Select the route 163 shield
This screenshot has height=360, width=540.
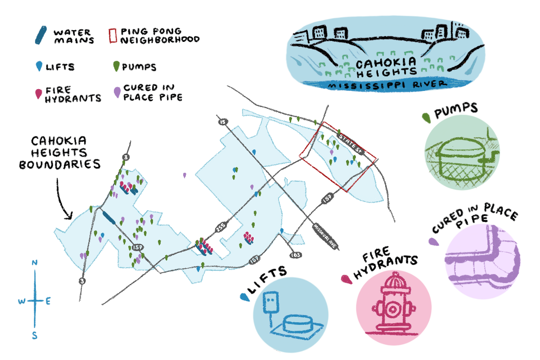point(295,255)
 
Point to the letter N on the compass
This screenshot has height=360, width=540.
point(35,263)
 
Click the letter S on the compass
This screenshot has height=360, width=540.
point(35,336)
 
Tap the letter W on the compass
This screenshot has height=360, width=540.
point(22,301)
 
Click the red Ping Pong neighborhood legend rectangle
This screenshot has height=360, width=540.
point(112,35)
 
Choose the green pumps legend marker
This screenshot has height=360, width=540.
point(115,67)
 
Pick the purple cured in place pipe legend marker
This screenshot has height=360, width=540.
point(117,92)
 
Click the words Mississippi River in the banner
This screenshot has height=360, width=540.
point(387,85)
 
